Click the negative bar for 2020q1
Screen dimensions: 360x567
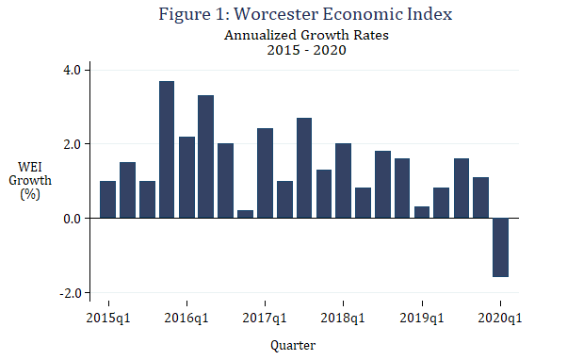(x=499, y=247)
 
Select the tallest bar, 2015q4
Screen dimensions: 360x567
(x=167, y=150)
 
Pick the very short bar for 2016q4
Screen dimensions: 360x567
(x=245, y=214)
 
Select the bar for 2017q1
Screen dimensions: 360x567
(x=265, y=173)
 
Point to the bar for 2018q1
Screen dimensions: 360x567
(x=343, y=181)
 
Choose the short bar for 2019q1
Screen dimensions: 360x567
(x=422, y=212)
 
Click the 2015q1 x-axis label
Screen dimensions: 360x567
(x=108, y=319)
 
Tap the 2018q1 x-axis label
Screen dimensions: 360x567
(x=343, y=319)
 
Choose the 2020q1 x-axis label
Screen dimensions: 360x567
(x=499, y=319)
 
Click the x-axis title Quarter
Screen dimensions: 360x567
(x=293, y=345)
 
